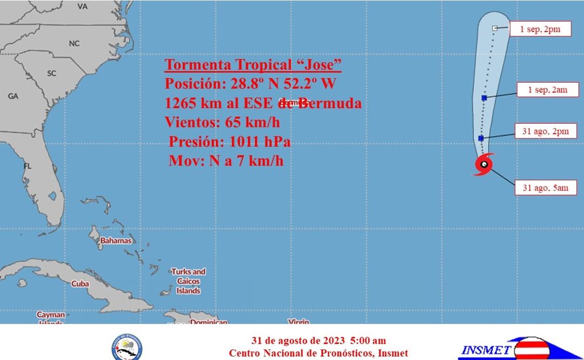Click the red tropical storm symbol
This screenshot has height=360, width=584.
(484, 164)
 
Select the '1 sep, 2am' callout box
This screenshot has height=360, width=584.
(547, 90)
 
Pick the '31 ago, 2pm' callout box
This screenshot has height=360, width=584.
(546, 131)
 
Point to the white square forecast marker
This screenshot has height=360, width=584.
(495, 28)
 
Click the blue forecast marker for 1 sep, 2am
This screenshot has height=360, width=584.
(485, 98)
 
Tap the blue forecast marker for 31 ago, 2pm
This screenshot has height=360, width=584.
(481, 138)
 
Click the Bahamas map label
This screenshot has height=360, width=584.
(116, 241)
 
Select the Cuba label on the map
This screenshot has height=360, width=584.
(80, 283)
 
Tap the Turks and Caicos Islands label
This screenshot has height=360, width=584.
(188, 281)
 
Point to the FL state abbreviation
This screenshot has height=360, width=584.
(27, 166)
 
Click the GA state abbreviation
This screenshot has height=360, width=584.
(13, 96)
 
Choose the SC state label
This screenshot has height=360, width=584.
(52, 73)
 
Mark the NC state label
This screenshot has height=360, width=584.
(74, 43)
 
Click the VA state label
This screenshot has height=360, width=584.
(82, 6)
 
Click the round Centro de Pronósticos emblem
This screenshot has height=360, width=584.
(128, 348)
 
